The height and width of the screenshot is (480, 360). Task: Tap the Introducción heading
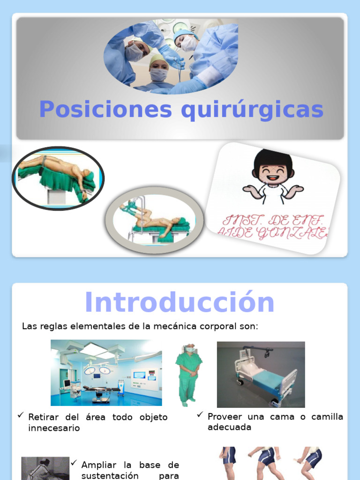180,302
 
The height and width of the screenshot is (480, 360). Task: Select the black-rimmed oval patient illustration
58,178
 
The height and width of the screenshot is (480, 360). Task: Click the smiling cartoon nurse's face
273,171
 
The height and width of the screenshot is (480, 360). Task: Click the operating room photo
106,373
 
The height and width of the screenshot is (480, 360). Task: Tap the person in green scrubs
189,375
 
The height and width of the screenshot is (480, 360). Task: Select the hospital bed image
261,375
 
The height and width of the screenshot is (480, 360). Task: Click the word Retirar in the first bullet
43,417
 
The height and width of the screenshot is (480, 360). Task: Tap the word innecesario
54,428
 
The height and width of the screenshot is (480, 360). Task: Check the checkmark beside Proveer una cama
200,415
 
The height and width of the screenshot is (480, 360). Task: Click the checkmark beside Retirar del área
21,415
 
